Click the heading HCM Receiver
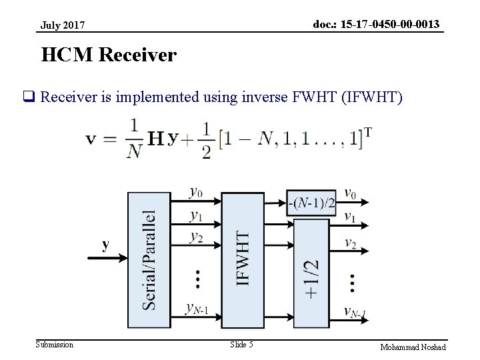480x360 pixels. click(x=109, y=55)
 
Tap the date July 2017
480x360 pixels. click(x=63, y=25)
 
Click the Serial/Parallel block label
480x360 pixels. click(x=150, y=260)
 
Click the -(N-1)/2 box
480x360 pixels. click(x=311, y=203)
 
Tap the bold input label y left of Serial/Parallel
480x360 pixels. click(x=105, y=245)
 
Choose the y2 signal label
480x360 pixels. click(x=196, y=237)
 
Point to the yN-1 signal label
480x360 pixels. click(x=197, y=309)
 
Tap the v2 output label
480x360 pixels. click(x=350, y=243)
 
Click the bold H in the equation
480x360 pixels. click(x=155, y=138)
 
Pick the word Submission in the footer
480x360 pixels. click(x=55, y=345)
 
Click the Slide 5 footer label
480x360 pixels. click(x=241, y=345)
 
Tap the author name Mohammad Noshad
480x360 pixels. click(x=413, y=347)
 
